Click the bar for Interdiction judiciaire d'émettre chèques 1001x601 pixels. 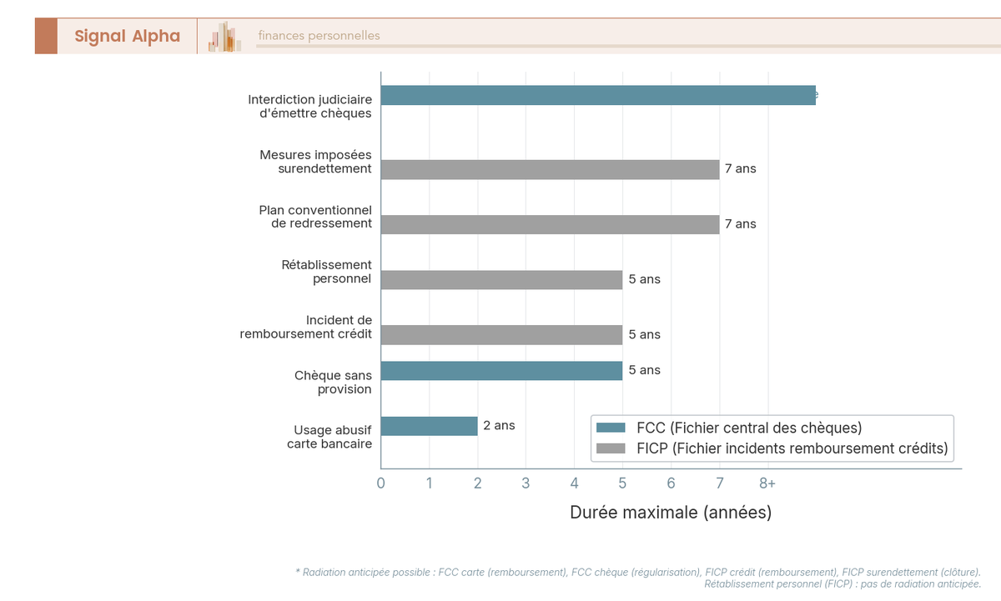point(598,95)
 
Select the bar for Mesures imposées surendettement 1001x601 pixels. point(550,169)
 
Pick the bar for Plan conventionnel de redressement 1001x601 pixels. point(550,224)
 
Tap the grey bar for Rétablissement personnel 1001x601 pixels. point(501,279)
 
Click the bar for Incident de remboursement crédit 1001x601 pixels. point(501,334)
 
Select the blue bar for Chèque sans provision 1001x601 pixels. point(501,371)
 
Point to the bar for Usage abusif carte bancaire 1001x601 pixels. point(429,426)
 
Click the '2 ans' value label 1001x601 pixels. point(499,425)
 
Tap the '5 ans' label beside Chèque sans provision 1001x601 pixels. point(644,370)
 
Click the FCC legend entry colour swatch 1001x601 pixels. point(611,428)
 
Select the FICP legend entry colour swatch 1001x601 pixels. point(611,448)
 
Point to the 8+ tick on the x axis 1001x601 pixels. point(767,483)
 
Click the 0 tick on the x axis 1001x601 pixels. point(381,483)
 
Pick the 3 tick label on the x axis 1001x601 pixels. point(526,483)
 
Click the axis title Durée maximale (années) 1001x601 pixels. point(671,513)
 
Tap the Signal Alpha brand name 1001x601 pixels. point(127,36)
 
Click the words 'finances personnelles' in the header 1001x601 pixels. point(319,36)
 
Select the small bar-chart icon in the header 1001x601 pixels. point(225,37)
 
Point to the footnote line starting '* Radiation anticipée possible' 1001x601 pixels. point(638,572)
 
